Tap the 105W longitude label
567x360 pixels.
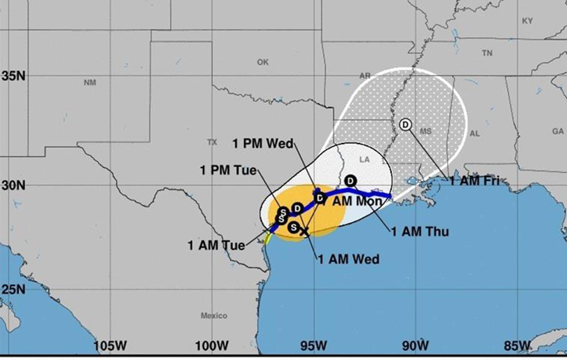pyautogui.click(x=111, y=346)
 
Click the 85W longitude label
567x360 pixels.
pyautogui.click(x=517, y=346)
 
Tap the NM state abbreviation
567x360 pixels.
pyautogui.click(x=90, y=83)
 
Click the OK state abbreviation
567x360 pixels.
pyautogui.click(x=263, y=62)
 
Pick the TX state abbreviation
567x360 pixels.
pyautogui.click(x=212, y=142)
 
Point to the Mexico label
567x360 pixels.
pyautogui.click(x=214, y=316)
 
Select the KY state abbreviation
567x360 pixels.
pyautogui.click(x=527, y=21)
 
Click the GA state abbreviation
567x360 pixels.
pyautogui.click(x=558, y=131)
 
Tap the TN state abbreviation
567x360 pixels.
pyautogui.click(x=487, y=53)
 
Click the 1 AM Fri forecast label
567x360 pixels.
pyautogui.click(x=475, y=182)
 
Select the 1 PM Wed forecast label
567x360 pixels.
pyautogui.click(x=263, y=144)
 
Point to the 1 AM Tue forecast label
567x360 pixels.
pyautogui.click(x=217, y=245)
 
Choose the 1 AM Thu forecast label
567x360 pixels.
pyautogui.click(x=420, y=231)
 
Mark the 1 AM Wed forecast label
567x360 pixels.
pyautogui.click(x=348, y=260)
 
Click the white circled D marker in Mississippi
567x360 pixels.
pyautogui.click(x=406, y=124)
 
